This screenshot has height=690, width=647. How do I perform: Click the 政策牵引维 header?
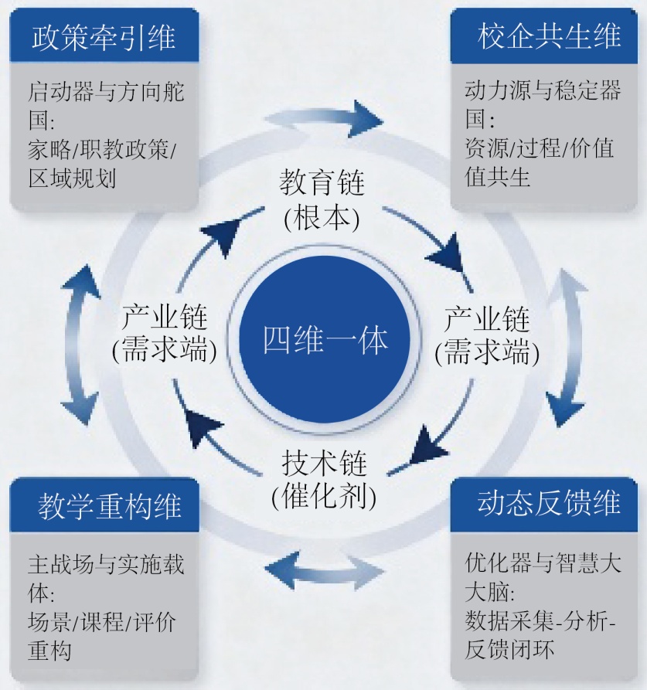click(104, 36)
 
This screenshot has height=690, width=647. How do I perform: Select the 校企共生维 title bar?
click(549, 36)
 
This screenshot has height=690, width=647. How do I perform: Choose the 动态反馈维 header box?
click(549, 503)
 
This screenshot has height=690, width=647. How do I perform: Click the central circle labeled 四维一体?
click(323, 341)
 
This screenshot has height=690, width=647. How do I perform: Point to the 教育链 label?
click(322, 185)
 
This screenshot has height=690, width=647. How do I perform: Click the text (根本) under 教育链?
click(322, 218)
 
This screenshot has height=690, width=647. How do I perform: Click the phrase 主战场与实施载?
click(106, 563)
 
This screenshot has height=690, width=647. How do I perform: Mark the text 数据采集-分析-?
click(540, 620)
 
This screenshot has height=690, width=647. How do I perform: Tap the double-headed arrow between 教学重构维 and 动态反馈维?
click(322, 573)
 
